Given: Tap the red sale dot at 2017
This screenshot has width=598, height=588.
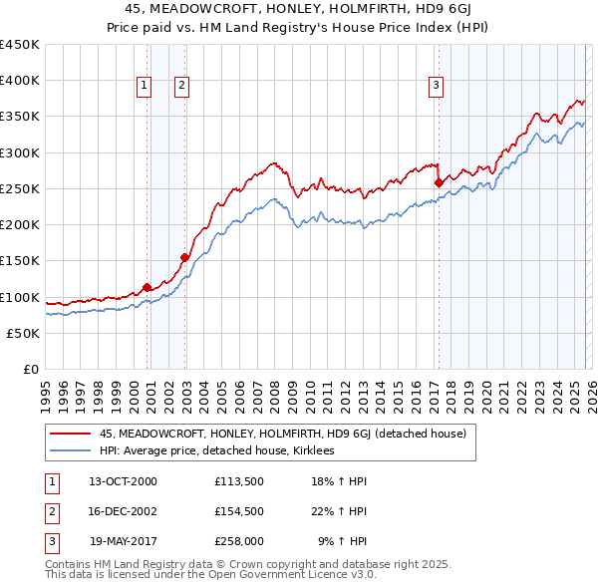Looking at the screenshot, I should [439, 182].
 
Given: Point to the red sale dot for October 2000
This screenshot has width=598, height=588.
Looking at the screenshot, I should [148, 287].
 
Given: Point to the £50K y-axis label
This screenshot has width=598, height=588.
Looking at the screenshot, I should [23, 333].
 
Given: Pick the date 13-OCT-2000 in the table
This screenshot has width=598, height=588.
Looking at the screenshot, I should [123, 481].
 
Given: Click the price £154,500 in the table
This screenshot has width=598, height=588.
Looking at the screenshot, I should [238, 511].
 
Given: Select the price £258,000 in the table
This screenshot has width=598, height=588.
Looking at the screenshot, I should [238, 541].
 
